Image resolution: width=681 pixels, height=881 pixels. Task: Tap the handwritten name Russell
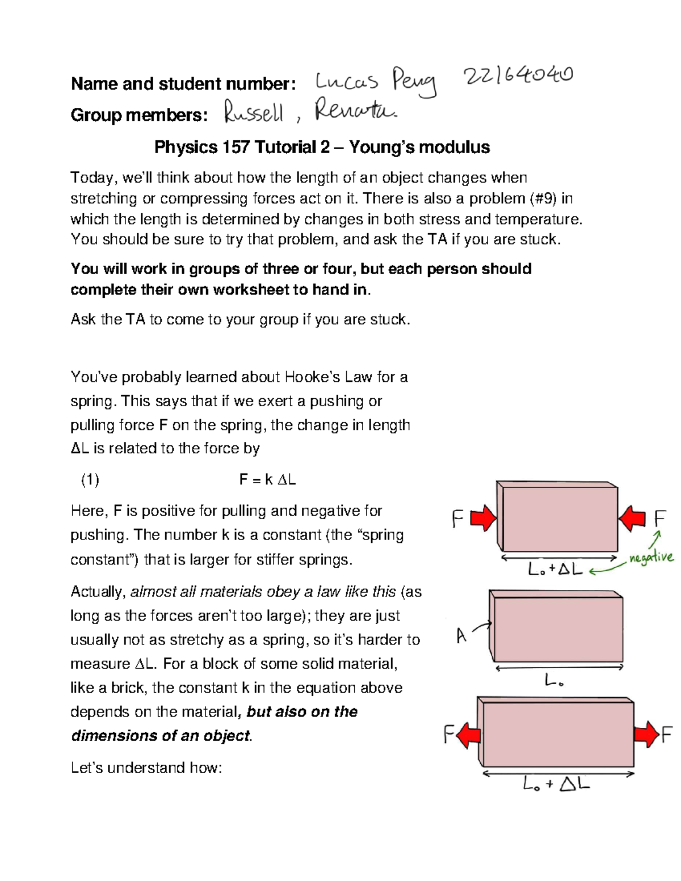pos(253,113)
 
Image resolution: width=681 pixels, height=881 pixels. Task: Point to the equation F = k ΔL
pos(267,480)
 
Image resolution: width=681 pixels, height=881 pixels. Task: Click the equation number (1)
pos(90,480)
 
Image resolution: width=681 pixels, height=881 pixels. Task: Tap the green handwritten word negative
pos(650,557)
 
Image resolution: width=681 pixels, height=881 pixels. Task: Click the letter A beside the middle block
pos(461,636)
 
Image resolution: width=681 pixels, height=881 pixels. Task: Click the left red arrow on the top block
pos(484,518)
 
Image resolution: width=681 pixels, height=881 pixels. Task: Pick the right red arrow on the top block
pos(632,518)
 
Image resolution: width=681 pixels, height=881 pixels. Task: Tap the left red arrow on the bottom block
pos(469,736)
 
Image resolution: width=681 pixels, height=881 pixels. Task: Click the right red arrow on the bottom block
pos(646,735)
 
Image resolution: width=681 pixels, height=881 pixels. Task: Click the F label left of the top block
pos(457,519)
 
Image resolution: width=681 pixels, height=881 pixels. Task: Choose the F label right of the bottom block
pos(666,735)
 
